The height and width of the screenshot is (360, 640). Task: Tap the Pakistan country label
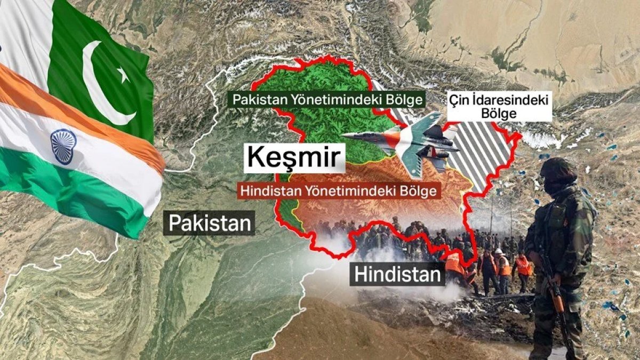[210, 223]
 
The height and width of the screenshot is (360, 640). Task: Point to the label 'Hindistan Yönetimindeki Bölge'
[339, 191]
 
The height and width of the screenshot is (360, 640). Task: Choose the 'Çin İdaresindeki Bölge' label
[498, 106]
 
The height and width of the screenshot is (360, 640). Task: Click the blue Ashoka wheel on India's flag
[63, 146]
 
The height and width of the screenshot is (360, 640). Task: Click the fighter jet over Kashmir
[405, 141]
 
